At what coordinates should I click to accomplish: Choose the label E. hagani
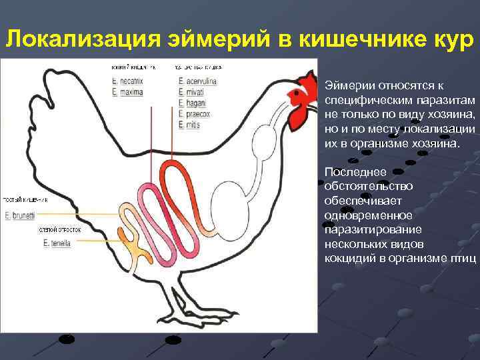pyautogui.click(x=191, y=103)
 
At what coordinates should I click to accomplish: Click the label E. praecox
pyautogui.click(x=193, y=114)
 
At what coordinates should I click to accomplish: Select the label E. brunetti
pyautogui.click(x=21, y=215)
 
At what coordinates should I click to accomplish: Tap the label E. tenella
pyautogui.click(x=58, y=243)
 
